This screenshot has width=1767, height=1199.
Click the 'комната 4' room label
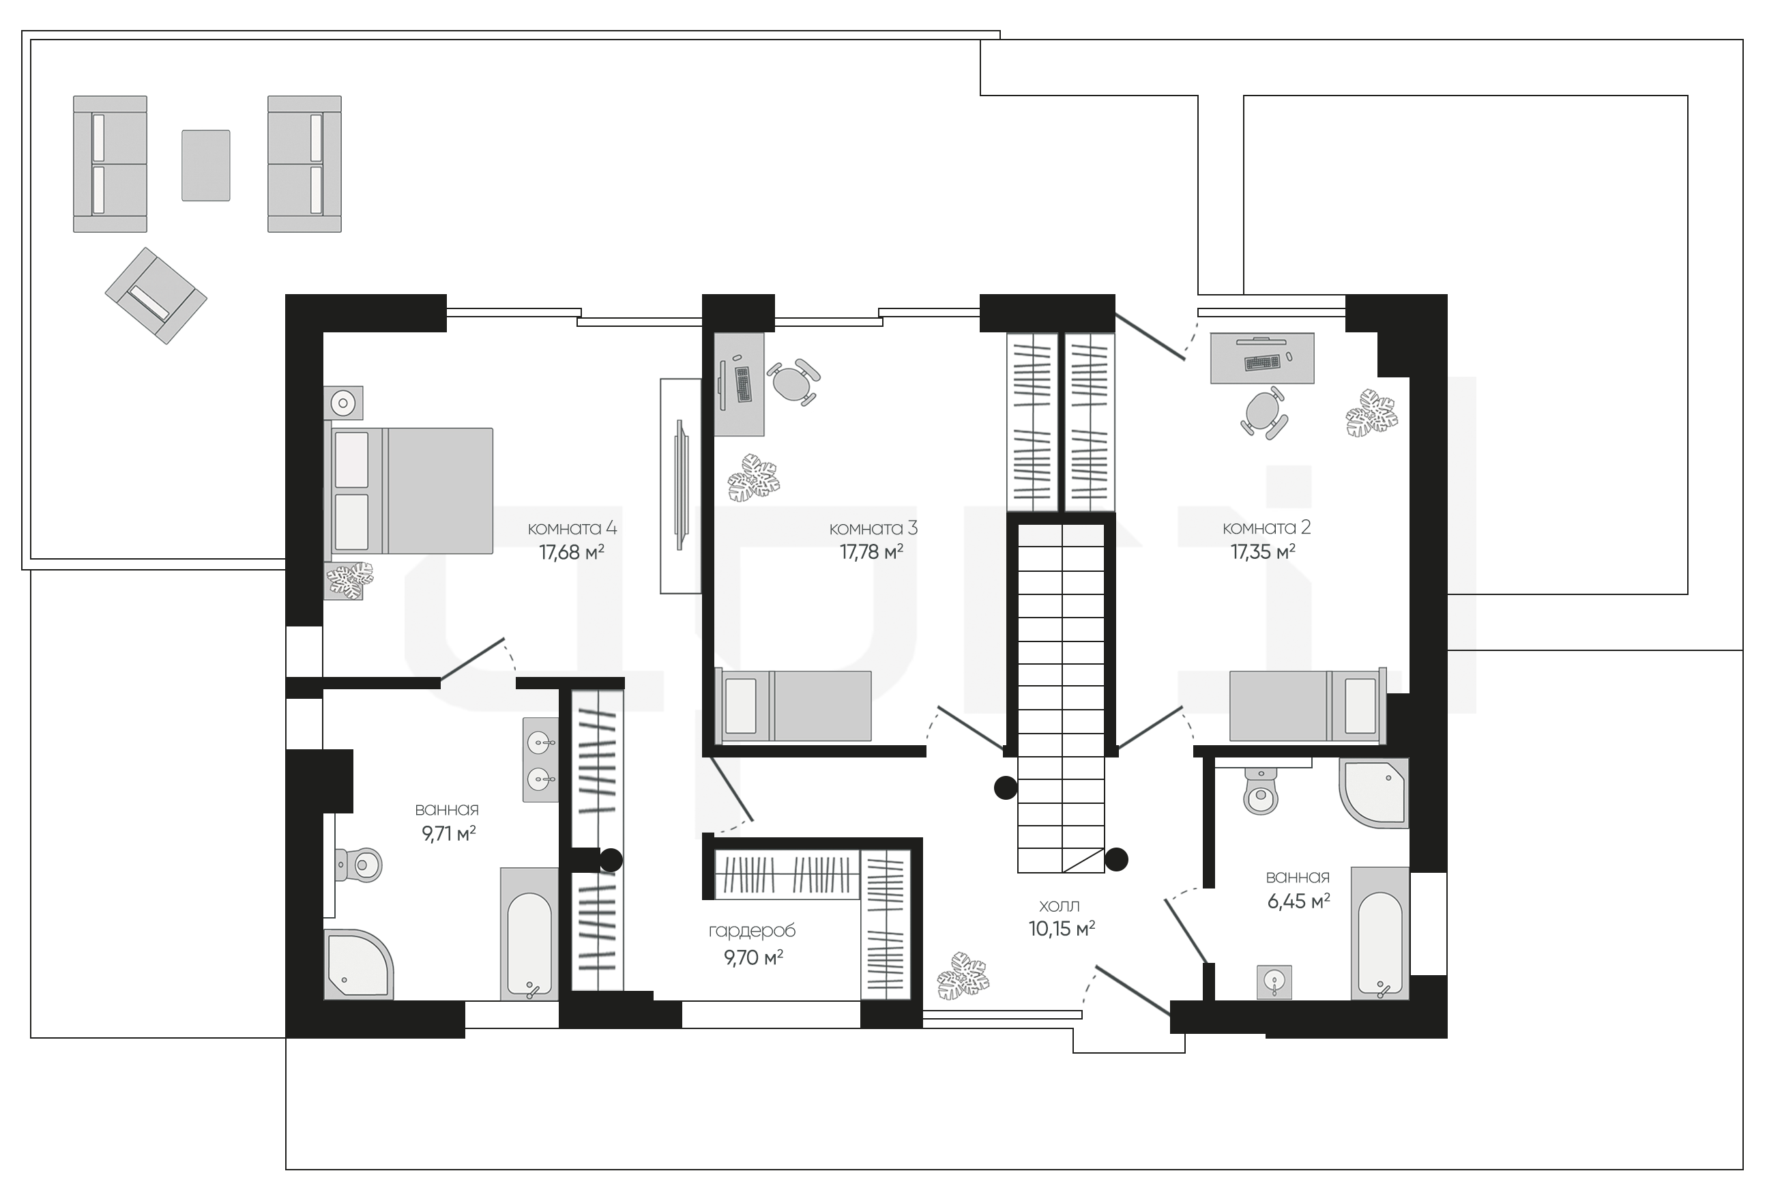coord(572,528)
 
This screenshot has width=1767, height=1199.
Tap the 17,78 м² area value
coord(871,552)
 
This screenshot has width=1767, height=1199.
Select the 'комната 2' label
coord(1267,528)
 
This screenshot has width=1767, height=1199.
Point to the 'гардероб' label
coord(752,931)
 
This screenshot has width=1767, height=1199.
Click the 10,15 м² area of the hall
coord(1062,928)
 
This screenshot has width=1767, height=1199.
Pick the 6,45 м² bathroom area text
coord(1298,901)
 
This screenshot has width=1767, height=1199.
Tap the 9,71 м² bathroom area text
coord(449,834)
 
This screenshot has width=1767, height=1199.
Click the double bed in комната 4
coord(409,491)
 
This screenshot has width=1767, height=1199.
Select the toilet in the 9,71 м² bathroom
coord(358,865)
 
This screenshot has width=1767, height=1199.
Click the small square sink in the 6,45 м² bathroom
coord(1274,981)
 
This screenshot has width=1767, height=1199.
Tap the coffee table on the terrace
coord(205,165)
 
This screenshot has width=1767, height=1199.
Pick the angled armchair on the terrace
coord(156,295)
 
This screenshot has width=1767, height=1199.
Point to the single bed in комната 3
coord(793,705)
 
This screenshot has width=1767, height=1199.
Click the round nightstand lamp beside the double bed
coord(344,402)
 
